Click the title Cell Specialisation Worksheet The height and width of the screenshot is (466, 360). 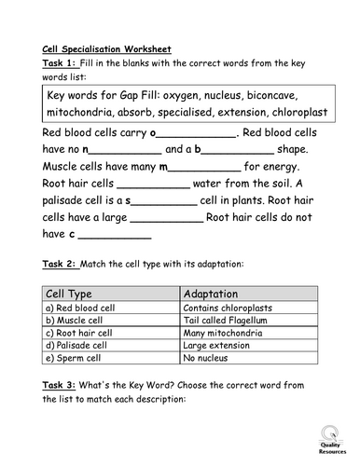tap(107, 48)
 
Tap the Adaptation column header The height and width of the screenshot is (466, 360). tap(217, 293)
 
